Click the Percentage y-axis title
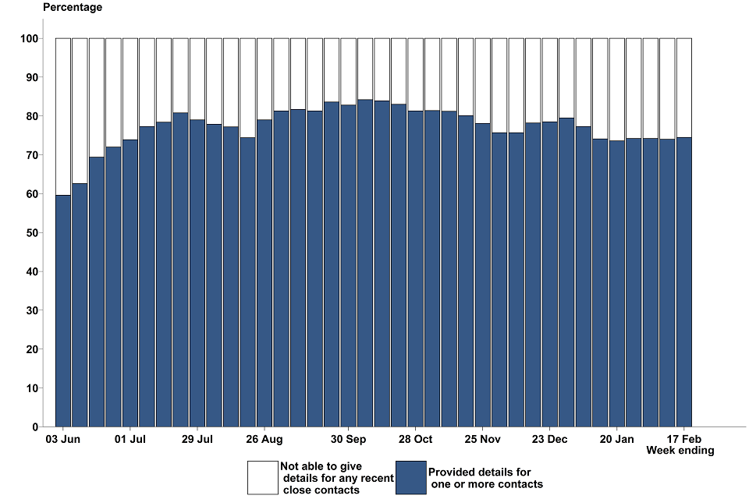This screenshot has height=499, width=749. [x=72, y=8]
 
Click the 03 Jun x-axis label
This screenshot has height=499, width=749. [x=63, y=440]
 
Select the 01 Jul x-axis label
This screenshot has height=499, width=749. [x=130, y=440]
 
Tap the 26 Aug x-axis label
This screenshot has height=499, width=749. [x=264, y=440]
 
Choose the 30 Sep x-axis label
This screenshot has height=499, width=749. [x=348, y=440]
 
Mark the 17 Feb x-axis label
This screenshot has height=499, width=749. [x=683, y=440]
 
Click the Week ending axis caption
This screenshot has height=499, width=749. [x=680, y=451]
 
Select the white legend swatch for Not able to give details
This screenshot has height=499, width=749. [x=262, y=477]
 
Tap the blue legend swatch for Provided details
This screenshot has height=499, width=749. [x=410, y=477]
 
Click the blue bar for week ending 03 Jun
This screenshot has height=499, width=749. [x=63, y=312]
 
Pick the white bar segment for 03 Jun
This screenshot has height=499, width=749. [x=63, y=117]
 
